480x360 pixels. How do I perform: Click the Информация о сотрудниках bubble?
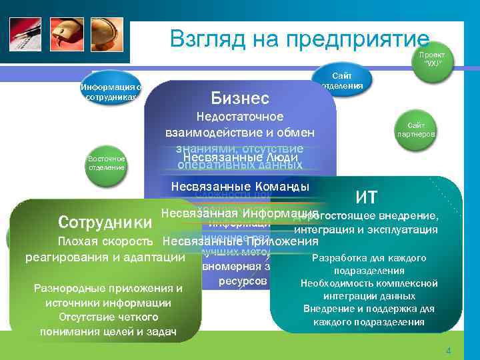click(x=111, y=92)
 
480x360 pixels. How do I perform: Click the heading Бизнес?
click(x=239, y=98)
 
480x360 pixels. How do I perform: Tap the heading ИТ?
click(x=367, y=197)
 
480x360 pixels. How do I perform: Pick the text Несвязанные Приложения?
click(x=241, y=241)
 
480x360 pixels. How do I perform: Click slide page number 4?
click(x=449, y=351)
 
